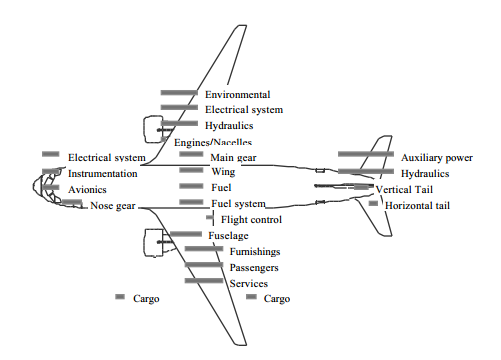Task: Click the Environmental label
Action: tap(237, 95)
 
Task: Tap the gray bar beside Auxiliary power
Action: tap(366, 154)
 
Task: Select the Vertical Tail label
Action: tap(404, 190)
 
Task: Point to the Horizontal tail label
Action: tap(417, 205)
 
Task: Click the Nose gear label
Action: tap(113, 206)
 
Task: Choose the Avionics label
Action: tap(87, 190)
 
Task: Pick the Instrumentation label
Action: tap(103, 174)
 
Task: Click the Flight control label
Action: tap(251, 220)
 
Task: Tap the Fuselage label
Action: tap(228, 236)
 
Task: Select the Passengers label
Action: tap(254, 268)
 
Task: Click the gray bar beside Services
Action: tap(204, 281)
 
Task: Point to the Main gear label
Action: tap(233, 158)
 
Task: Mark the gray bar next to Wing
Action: tap(191, 170)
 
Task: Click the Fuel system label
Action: tap(238, 204)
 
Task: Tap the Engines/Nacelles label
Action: tap(213, 143)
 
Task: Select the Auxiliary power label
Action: tap(437, 158)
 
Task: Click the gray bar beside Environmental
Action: tap(179, 93)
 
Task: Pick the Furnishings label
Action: tap(255, 252)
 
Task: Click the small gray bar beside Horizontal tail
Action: tap(373, 203)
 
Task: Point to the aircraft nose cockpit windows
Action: tap(47, 188)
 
